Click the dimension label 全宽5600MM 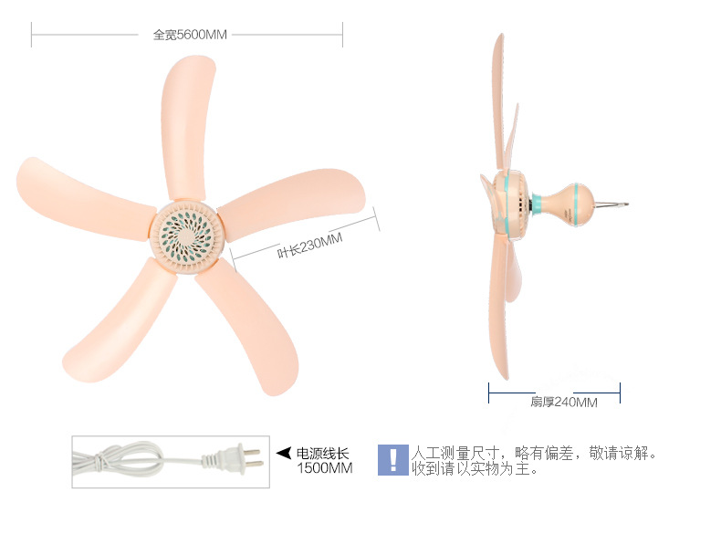click(x=190, y=35)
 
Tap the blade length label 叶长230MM click(x=309, y=246)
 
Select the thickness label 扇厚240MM click(x=564, y=402)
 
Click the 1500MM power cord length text click(x=325, y=468)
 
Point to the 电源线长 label click(x=322, y=454)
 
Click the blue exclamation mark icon click(x=393, y=460)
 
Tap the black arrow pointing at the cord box click(x=284, y=453)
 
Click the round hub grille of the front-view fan click(x=188, y=236)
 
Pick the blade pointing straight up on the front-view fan click(x=187, y=129)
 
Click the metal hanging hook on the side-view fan click(x=611, y=204)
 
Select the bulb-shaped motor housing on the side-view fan click(x=567, y=203)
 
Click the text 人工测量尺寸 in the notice click(x=455, y=454)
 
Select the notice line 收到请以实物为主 click(x=475, y=469)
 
